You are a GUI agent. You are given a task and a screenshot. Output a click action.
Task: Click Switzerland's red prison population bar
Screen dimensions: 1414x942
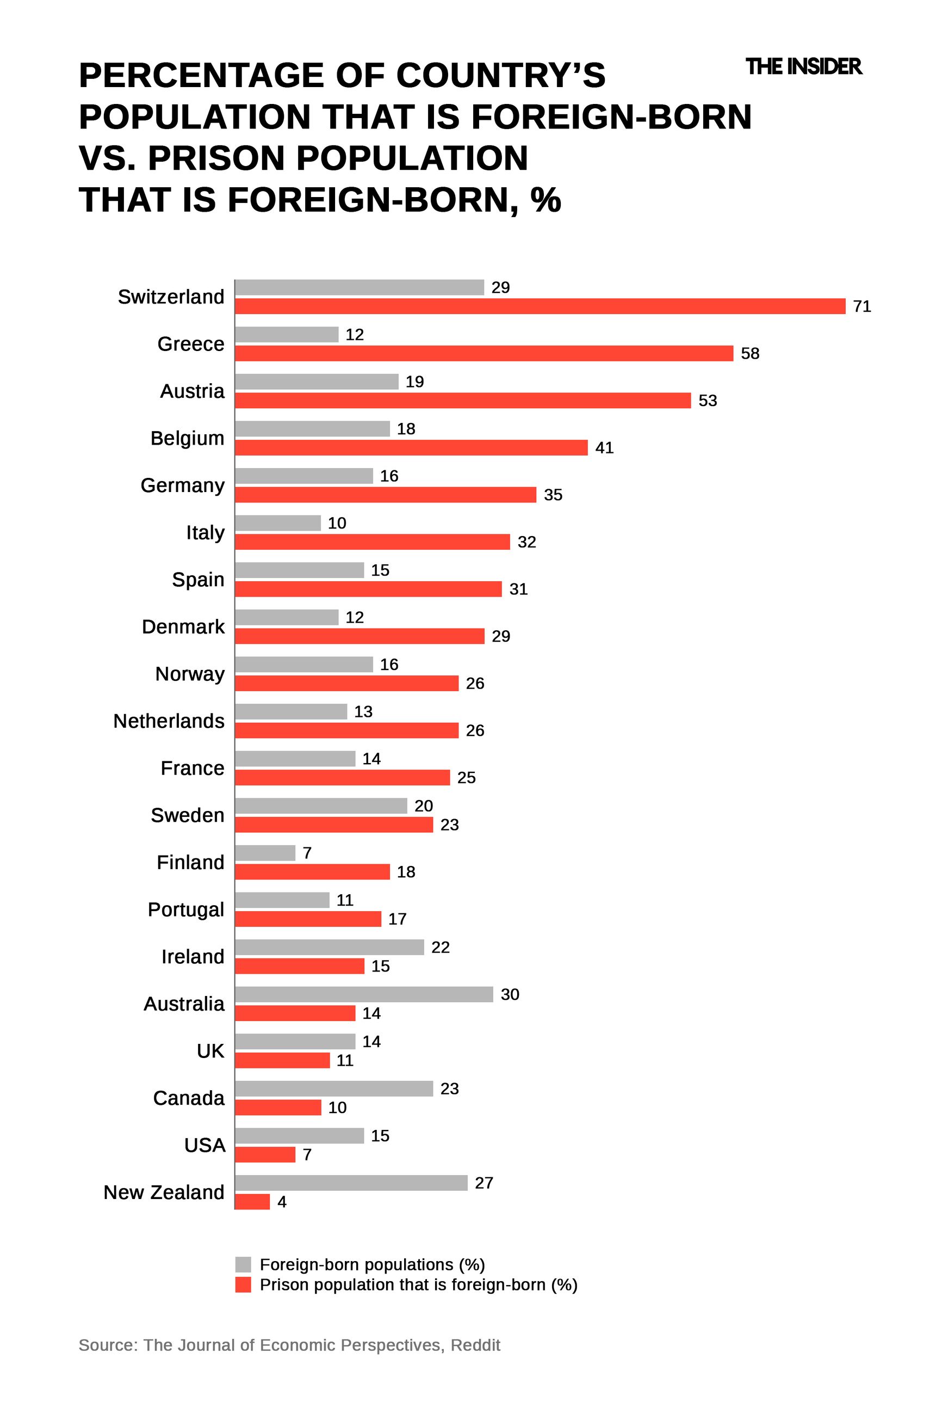tap(540, 306)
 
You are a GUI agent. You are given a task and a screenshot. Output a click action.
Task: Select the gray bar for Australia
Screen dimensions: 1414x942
tap(363, 994)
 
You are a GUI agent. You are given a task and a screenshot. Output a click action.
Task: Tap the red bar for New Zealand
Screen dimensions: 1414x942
tap(252, 1202)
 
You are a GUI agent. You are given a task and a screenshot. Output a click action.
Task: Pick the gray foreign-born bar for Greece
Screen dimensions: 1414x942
tap(287, 334)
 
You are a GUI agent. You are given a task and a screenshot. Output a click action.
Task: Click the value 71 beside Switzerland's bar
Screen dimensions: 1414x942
tap(862, 306)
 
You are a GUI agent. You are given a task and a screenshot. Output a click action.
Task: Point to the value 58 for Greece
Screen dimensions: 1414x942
tap(750, 354)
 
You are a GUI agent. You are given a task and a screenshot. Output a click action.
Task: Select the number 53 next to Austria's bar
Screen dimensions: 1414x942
tap(707, 401)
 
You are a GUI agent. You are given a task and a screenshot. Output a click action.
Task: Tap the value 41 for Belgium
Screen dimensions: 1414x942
tap(604, 448)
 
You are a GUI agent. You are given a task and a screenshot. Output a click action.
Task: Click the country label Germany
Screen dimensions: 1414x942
tap(183, 485)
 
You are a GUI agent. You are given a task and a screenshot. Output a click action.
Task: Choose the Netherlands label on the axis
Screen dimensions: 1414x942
tap(169, 721)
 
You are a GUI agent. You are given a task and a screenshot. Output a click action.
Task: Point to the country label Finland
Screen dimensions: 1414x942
tap(190, 862)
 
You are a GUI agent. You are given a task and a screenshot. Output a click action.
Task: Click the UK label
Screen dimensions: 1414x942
tap(210, 1051)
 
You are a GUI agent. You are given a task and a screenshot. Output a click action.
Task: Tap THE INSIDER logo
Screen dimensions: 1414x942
tap(803, 66)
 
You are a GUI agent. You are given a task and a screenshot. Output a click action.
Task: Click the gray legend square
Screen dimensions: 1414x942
tap(243, 1264)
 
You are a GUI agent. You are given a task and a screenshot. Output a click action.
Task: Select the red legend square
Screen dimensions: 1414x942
tap(243, 1285)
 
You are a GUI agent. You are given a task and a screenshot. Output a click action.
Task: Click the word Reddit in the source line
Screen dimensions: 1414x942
tap(475, 1345)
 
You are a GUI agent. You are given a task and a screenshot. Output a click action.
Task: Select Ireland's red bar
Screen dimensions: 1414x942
tap(299, 966)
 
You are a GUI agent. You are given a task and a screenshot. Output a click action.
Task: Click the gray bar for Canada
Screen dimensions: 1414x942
tap(333, 1089)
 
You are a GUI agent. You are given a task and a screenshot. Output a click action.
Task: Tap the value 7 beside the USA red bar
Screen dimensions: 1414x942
tap(307, 1155)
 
